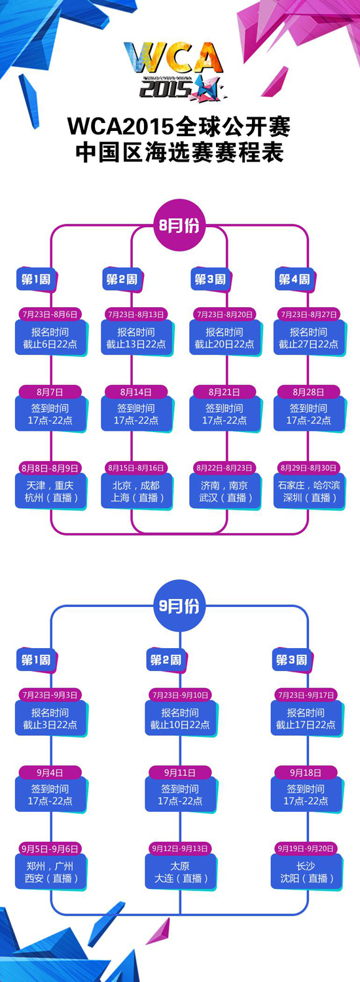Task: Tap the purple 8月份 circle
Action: [x=179, y=226]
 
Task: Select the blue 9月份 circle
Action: [x=179, y=606]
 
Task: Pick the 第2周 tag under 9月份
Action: [x=166, y=660]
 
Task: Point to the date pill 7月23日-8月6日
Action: [x=50, y=314]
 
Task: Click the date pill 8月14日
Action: [x=136, y=392]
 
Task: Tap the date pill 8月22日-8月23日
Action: [x=224, y=468]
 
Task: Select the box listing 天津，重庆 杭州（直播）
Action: [x=51, y=492]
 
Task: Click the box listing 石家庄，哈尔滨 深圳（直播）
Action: [x=309, y=492]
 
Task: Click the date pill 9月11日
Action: [x=180, y=773]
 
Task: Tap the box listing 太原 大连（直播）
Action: [x=181, y=873]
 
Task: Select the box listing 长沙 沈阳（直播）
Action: [x=306, y=873]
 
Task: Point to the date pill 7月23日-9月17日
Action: [x=306, y=695]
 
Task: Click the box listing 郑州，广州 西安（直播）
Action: [x=51, y=873]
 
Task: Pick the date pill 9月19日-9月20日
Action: [x=306, y=848]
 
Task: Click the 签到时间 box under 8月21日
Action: [x=225, y=414]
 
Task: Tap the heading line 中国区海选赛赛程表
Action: [x=179, y=152]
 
